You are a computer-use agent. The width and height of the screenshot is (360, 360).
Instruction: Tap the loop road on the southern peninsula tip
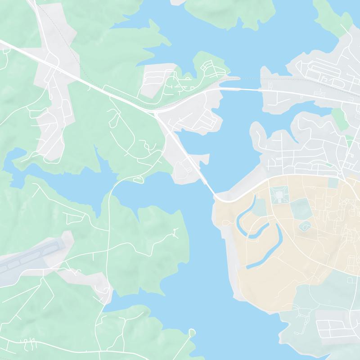click(x=192, y=333)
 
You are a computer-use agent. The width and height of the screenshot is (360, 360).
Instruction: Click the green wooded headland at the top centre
click(x=229, y=11)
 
